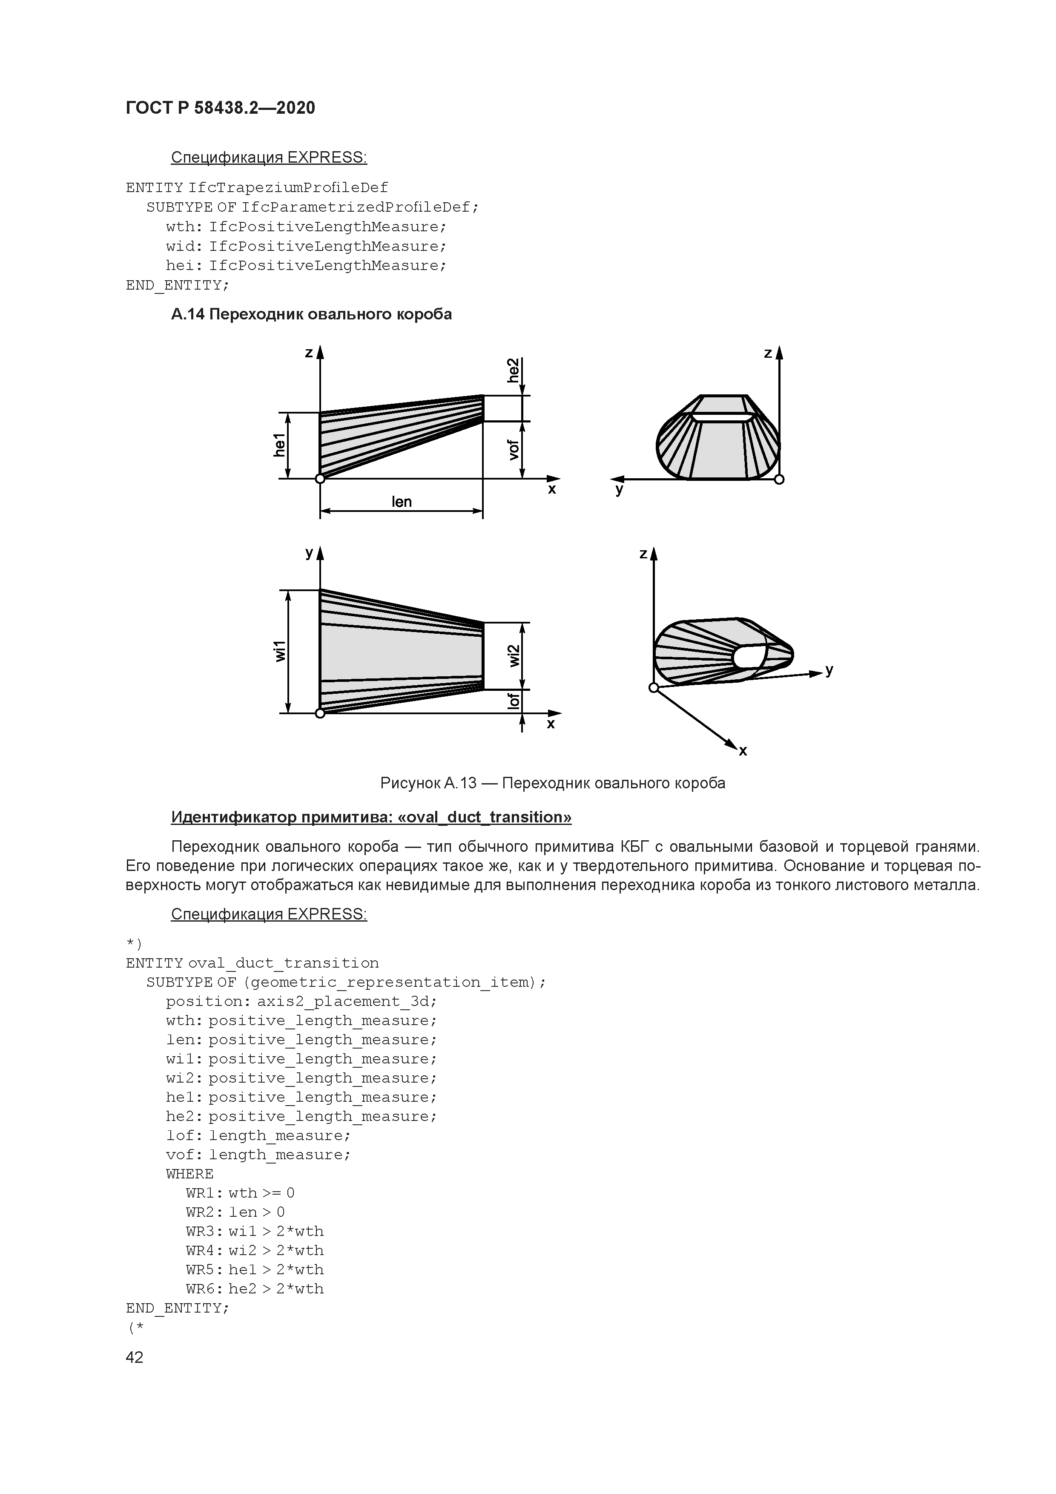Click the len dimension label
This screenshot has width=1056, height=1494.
pos(402,502)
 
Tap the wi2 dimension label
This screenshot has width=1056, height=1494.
pos(514,655)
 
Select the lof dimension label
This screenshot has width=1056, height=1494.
pos(514,701)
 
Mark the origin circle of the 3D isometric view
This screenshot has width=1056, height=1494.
pos(654,688)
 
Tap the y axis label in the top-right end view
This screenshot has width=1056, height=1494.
pos(620,489)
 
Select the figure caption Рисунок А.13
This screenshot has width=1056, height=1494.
pos(552,783)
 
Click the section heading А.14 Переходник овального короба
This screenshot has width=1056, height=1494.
pos(311,314)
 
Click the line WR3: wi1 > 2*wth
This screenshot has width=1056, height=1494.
pos(254,1231)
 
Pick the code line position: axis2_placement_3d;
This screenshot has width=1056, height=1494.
pos(301,1001)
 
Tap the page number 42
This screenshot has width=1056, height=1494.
pos(135,1357)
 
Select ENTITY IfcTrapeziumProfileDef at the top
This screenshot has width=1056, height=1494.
pos(257,188)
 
